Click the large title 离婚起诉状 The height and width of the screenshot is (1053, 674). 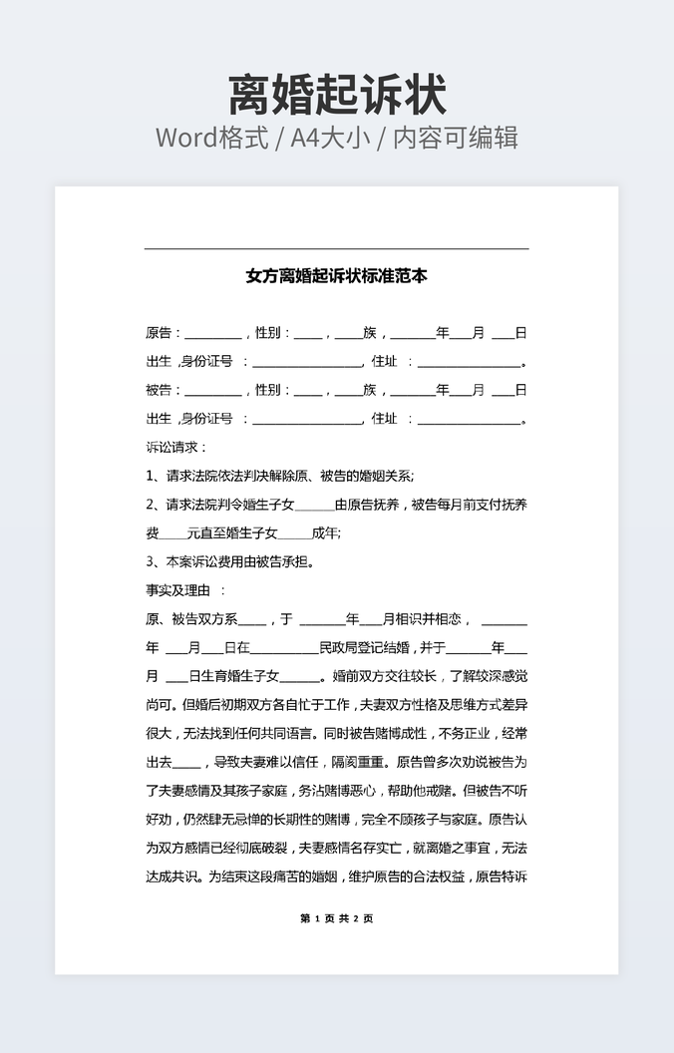click(337, 95)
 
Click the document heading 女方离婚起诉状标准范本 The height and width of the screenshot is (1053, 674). click(337, 276)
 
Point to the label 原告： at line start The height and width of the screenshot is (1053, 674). click(164, 333)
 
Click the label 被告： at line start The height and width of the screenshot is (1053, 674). click(164, 390)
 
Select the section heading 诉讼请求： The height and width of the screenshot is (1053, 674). click(176, 448)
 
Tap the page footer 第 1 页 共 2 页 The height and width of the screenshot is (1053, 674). click(337, 918)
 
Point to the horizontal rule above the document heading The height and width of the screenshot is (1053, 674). click(337, 248)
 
